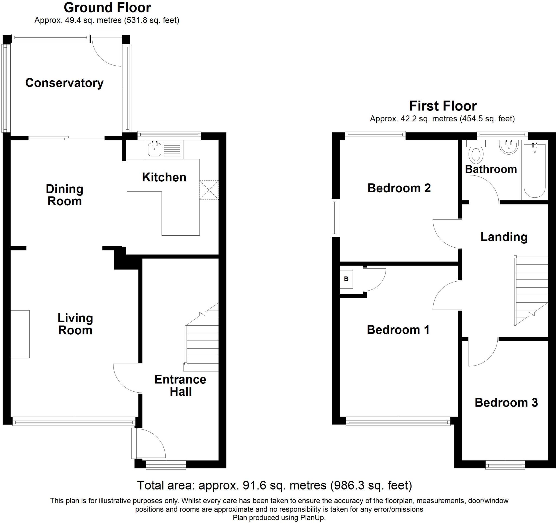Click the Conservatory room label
click(x=64, y=83)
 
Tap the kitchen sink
click(x=154, y=149)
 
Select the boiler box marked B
click(x=346, y=279)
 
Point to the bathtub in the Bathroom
click(x=535, y=171)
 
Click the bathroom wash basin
click(x=509, y=147)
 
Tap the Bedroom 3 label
click(x=506, y=403)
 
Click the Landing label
click(x=504, y=237)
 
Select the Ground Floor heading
click(x=107, y=8)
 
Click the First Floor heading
click(x=443, y=106)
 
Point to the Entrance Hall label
click(x=180, y=385)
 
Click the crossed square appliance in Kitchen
click(x=209, y=190)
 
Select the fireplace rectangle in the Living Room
click(x=20, y=334)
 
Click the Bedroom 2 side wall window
click(x=335, y=217)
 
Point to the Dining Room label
click(x=65, y=195)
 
